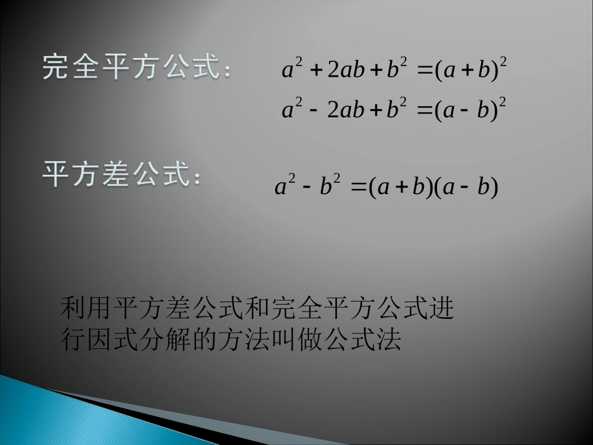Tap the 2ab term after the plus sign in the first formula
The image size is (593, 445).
346,71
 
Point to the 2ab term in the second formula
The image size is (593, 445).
346,110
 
